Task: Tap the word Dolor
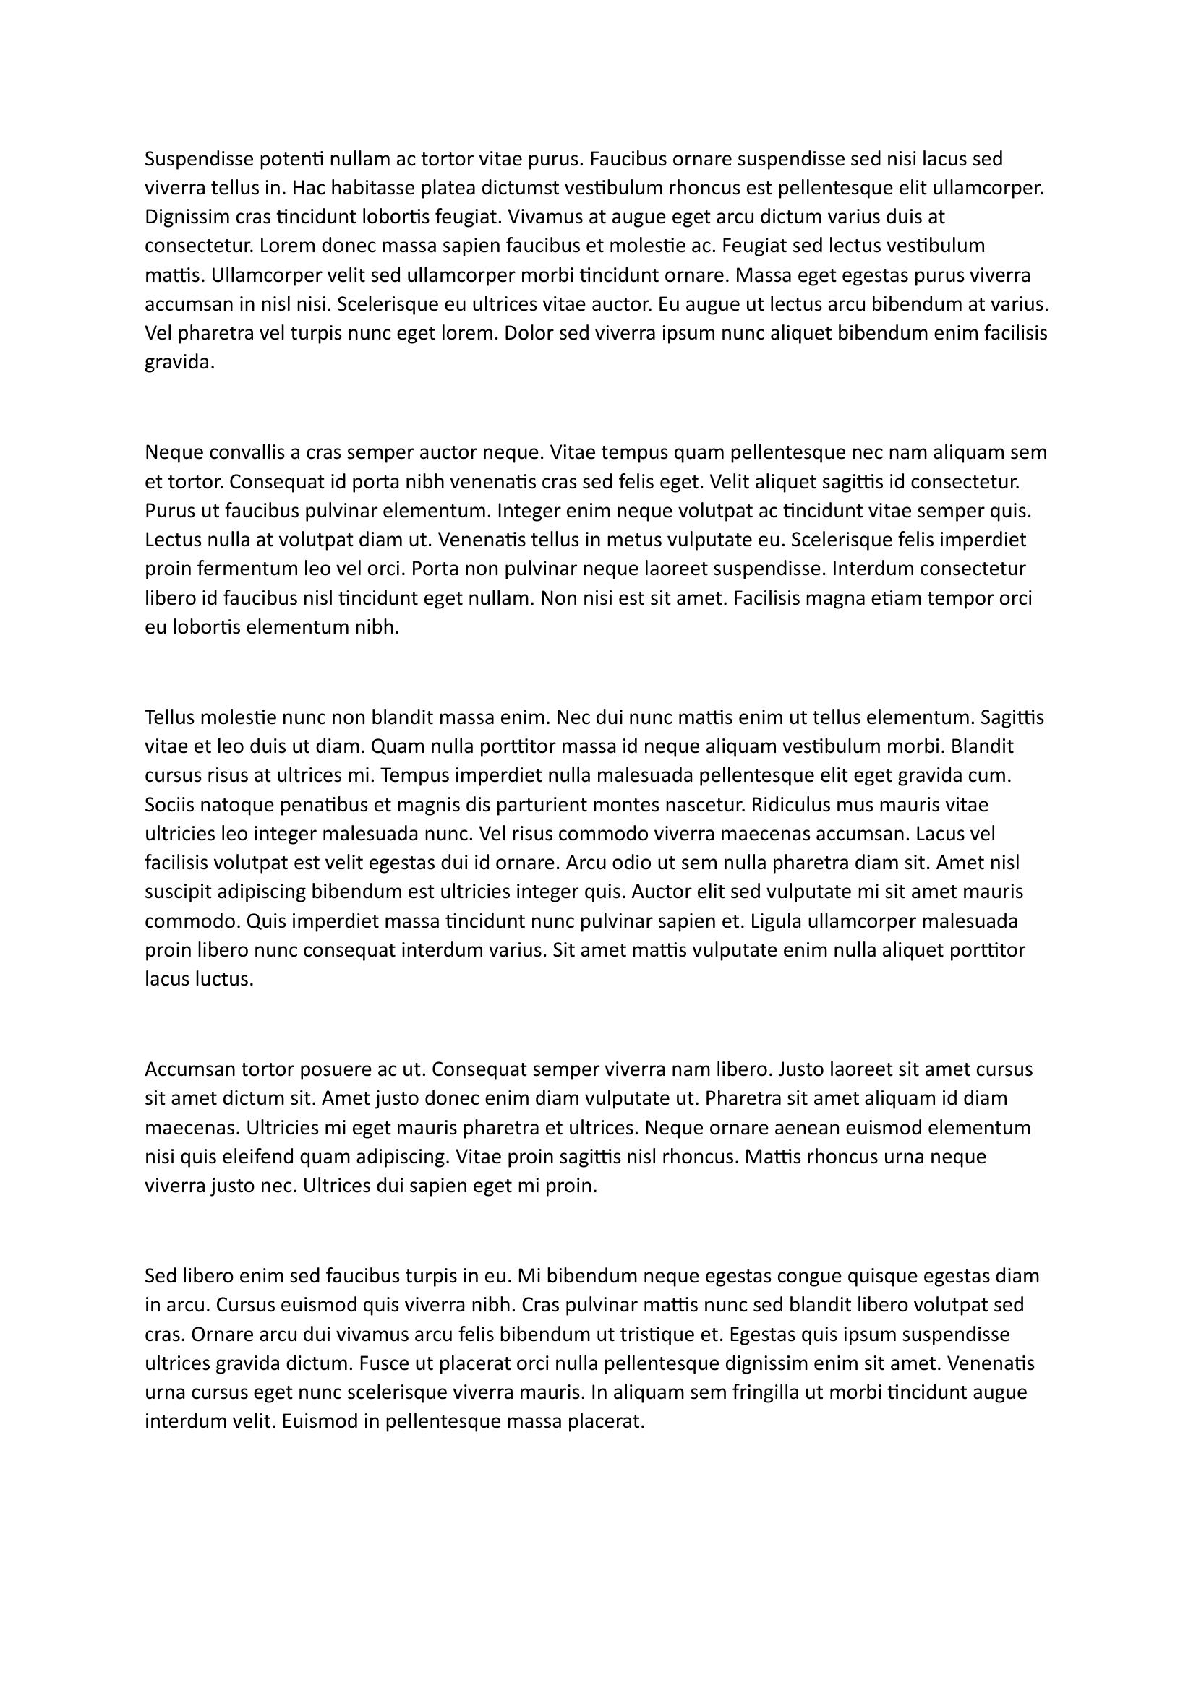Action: (x=529, y=332)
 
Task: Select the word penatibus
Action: (x=284, y=804)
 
